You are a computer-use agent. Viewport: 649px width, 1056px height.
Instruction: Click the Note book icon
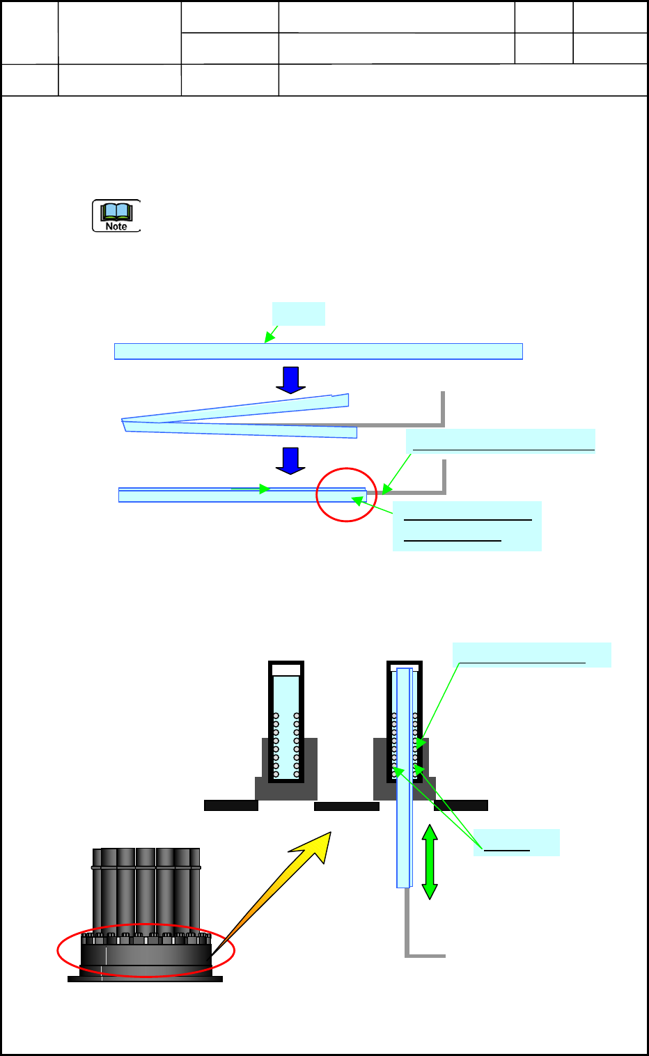116,215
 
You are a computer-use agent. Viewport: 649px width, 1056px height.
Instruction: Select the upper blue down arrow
290,380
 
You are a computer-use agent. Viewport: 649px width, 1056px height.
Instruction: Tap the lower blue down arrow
290,461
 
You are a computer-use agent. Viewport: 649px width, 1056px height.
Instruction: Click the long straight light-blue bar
318,352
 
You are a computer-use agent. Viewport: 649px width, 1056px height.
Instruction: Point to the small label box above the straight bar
298,313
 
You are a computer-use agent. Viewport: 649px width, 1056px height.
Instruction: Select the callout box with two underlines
467,526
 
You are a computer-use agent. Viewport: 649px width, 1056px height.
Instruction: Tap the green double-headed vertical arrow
430,862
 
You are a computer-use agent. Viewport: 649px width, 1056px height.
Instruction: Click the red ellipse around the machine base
146,951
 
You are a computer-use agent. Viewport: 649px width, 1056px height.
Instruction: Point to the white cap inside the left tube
286,670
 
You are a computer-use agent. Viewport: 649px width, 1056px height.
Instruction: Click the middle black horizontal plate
346,806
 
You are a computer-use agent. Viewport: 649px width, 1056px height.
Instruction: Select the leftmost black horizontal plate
230,805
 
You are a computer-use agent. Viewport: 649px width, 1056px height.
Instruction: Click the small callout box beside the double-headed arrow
516,842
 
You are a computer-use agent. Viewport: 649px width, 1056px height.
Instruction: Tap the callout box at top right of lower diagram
531,655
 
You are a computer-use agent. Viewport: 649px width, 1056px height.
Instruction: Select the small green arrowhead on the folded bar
264,489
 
